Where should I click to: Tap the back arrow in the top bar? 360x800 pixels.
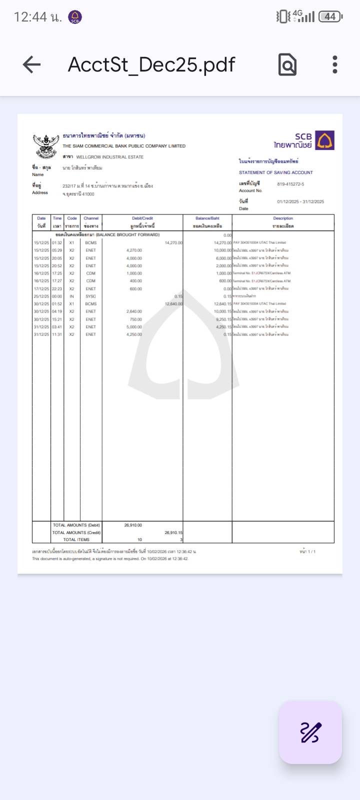[x=31, y=64]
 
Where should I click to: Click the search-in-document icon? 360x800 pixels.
[x=287, y=64]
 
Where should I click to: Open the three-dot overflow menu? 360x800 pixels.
[x=335, y=64]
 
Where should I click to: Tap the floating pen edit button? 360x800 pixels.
[x=310, y=732]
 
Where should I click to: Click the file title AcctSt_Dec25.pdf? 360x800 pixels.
[x=151, y=64]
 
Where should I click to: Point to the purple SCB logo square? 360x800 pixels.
[x=325, y=140]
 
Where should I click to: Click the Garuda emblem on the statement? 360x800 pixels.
[x=46, y=145]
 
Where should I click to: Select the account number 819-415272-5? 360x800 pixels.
[x=290, y=184]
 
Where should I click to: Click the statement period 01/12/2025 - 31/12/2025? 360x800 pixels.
[x=300, y=201]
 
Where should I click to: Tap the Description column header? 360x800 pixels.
[x=283, y=222]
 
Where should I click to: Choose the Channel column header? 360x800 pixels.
[x=91, y=222]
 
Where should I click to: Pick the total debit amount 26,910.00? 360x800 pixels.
[x=133, y=525]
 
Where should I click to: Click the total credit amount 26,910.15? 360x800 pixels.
[x=173, y=532]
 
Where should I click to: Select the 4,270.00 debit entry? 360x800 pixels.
[x=134, y=250]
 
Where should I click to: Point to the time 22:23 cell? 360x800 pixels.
[x=57, y=288]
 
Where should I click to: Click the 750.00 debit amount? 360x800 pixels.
[x=135, y=319]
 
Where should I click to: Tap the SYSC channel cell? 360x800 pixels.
[x=90, y=296]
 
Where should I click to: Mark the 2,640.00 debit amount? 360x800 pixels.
[x=134, y=311]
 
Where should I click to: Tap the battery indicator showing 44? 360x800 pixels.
[x=330, y=16]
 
